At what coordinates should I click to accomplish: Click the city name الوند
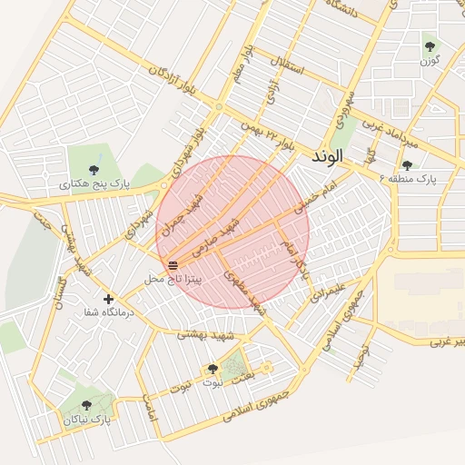coord(329,156)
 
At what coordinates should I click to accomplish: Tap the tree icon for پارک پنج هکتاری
coord(94,168)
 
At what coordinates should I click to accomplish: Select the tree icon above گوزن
coord(430,45)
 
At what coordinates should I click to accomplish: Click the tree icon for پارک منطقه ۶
coord(406,165)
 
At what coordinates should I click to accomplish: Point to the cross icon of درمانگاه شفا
coord(109,298)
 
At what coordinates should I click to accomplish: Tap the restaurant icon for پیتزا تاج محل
coord(173,265)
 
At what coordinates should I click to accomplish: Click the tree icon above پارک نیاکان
coord(87,405)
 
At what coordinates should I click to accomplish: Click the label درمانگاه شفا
coord(109,312)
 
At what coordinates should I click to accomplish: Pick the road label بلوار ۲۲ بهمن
coord(269,135)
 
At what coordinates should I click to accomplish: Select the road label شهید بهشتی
coord(201,335)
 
